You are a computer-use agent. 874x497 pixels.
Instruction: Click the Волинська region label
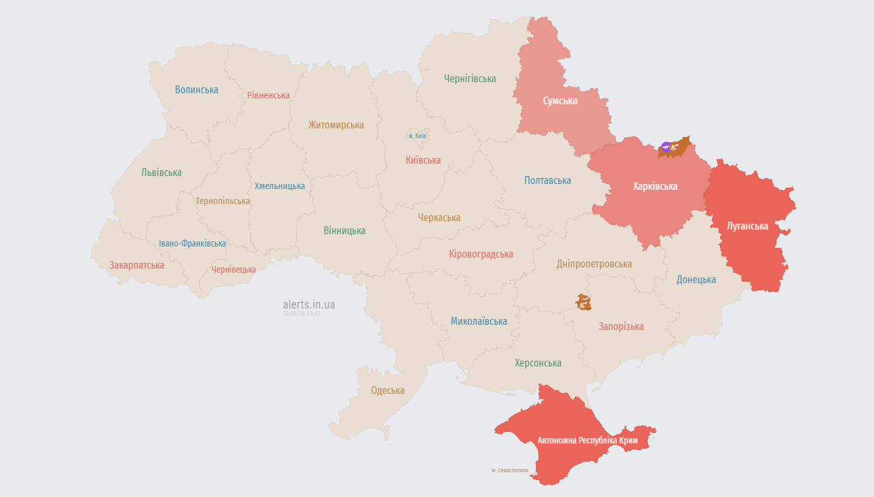(x=196, y=90)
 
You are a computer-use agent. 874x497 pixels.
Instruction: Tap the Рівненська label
(x=268, y=95)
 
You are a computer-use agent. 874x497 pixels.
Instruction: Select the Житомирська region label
(x=336, y=125)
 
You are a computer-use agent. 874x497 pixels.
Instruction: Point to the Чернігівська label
(x=470, y=79)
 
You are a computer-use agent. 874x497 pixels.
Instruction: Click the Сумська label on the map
(x=560, y=101)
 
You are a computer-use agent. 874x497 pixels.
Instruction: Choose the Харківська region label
(x=655, y=187)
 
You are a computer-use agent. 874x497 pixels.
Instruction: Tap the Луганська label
(x=747, y=226)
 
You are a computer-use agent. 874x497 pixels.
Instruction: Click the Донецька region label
(x=696, y=280)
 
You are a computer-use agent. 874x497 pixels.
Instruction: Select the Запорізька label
(x=621, y=327)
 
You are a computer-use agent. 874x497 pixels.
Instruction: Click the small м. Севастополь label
(x=510, y=470)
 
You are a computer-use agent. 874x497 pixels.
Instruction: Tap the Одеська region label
(x=388, y=391)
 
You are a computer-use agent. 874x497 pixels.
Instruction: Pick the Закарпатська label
(x=137, y=265)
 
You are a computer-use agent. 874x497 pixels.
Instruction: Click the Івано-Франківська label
(x=193, y=244)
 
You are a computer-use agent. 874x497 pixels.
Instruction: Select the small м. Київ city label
(x=417, y=136)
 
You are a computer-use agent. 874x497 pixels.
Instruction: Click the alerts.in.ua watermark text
(x=309, y=305)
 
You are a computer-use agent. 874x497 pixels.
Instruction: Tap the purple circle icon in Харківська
(x=666, y=147)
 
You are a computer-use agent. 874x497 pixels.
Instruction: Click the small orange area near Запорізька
(x=583, y=302)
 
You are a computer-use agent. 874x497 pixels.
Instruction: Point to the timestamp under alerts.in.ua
(x=301, y=314)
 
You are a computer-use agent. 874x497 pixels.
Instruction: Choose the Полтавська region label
(x=548, y=181)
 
